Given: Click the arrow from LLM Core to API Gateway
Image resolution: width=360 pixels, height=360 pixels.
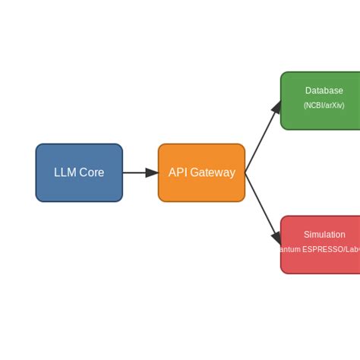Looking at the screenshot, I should click(x=137, y=173).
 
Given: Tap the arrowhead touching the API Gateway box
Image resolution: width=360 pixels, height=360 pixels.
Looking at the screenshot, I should click(x=153, y=173).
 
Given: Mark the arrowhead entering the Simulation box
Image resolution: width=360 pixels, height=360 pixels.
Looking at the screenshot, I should click(x=276, y=238).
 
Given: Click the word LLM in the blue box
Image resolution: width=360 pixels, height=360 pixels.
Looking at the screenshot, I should click(x=65, y=173).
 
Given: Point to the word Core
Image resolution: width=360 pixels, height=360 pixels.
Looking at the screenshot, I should click(x=91, y=173).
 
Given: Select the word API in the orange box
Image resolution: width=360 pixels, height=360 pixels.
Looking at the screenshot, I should click(x=177, y=173).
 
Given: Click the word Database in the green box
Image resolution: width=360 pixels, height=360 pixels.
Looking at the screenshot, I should click(x=324, y=91).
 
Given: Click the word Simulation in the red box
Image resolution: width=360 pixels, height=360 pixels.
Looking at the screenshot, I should click(x=324, y=235).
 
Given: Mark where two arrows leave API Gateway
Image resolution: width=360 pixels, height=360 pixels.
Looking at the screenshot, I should click(x=245, y=173).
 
